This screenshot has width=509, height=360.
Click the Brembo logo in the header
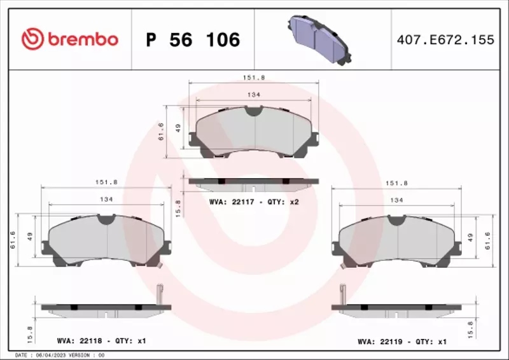click(70, 39)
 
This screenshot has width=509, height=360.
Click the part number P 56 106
click(193, 40)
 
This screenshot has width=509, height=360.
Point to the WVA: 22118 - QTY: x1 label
click(101, 341)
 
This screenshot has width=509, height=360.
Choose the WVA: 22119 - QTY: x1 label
click(402, 342)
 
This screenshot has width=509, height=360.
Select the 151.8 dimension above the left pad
click(106, 181)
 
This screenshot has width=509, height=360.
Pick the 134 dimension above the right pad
click(396, 200)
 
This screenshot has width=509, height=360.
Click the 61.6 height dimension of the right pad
click(487, 240)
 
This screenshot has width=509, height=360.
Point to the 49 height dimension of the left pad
click(28, 237)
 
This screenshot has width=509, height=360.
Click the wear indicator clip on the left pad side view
click(160, 296)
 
